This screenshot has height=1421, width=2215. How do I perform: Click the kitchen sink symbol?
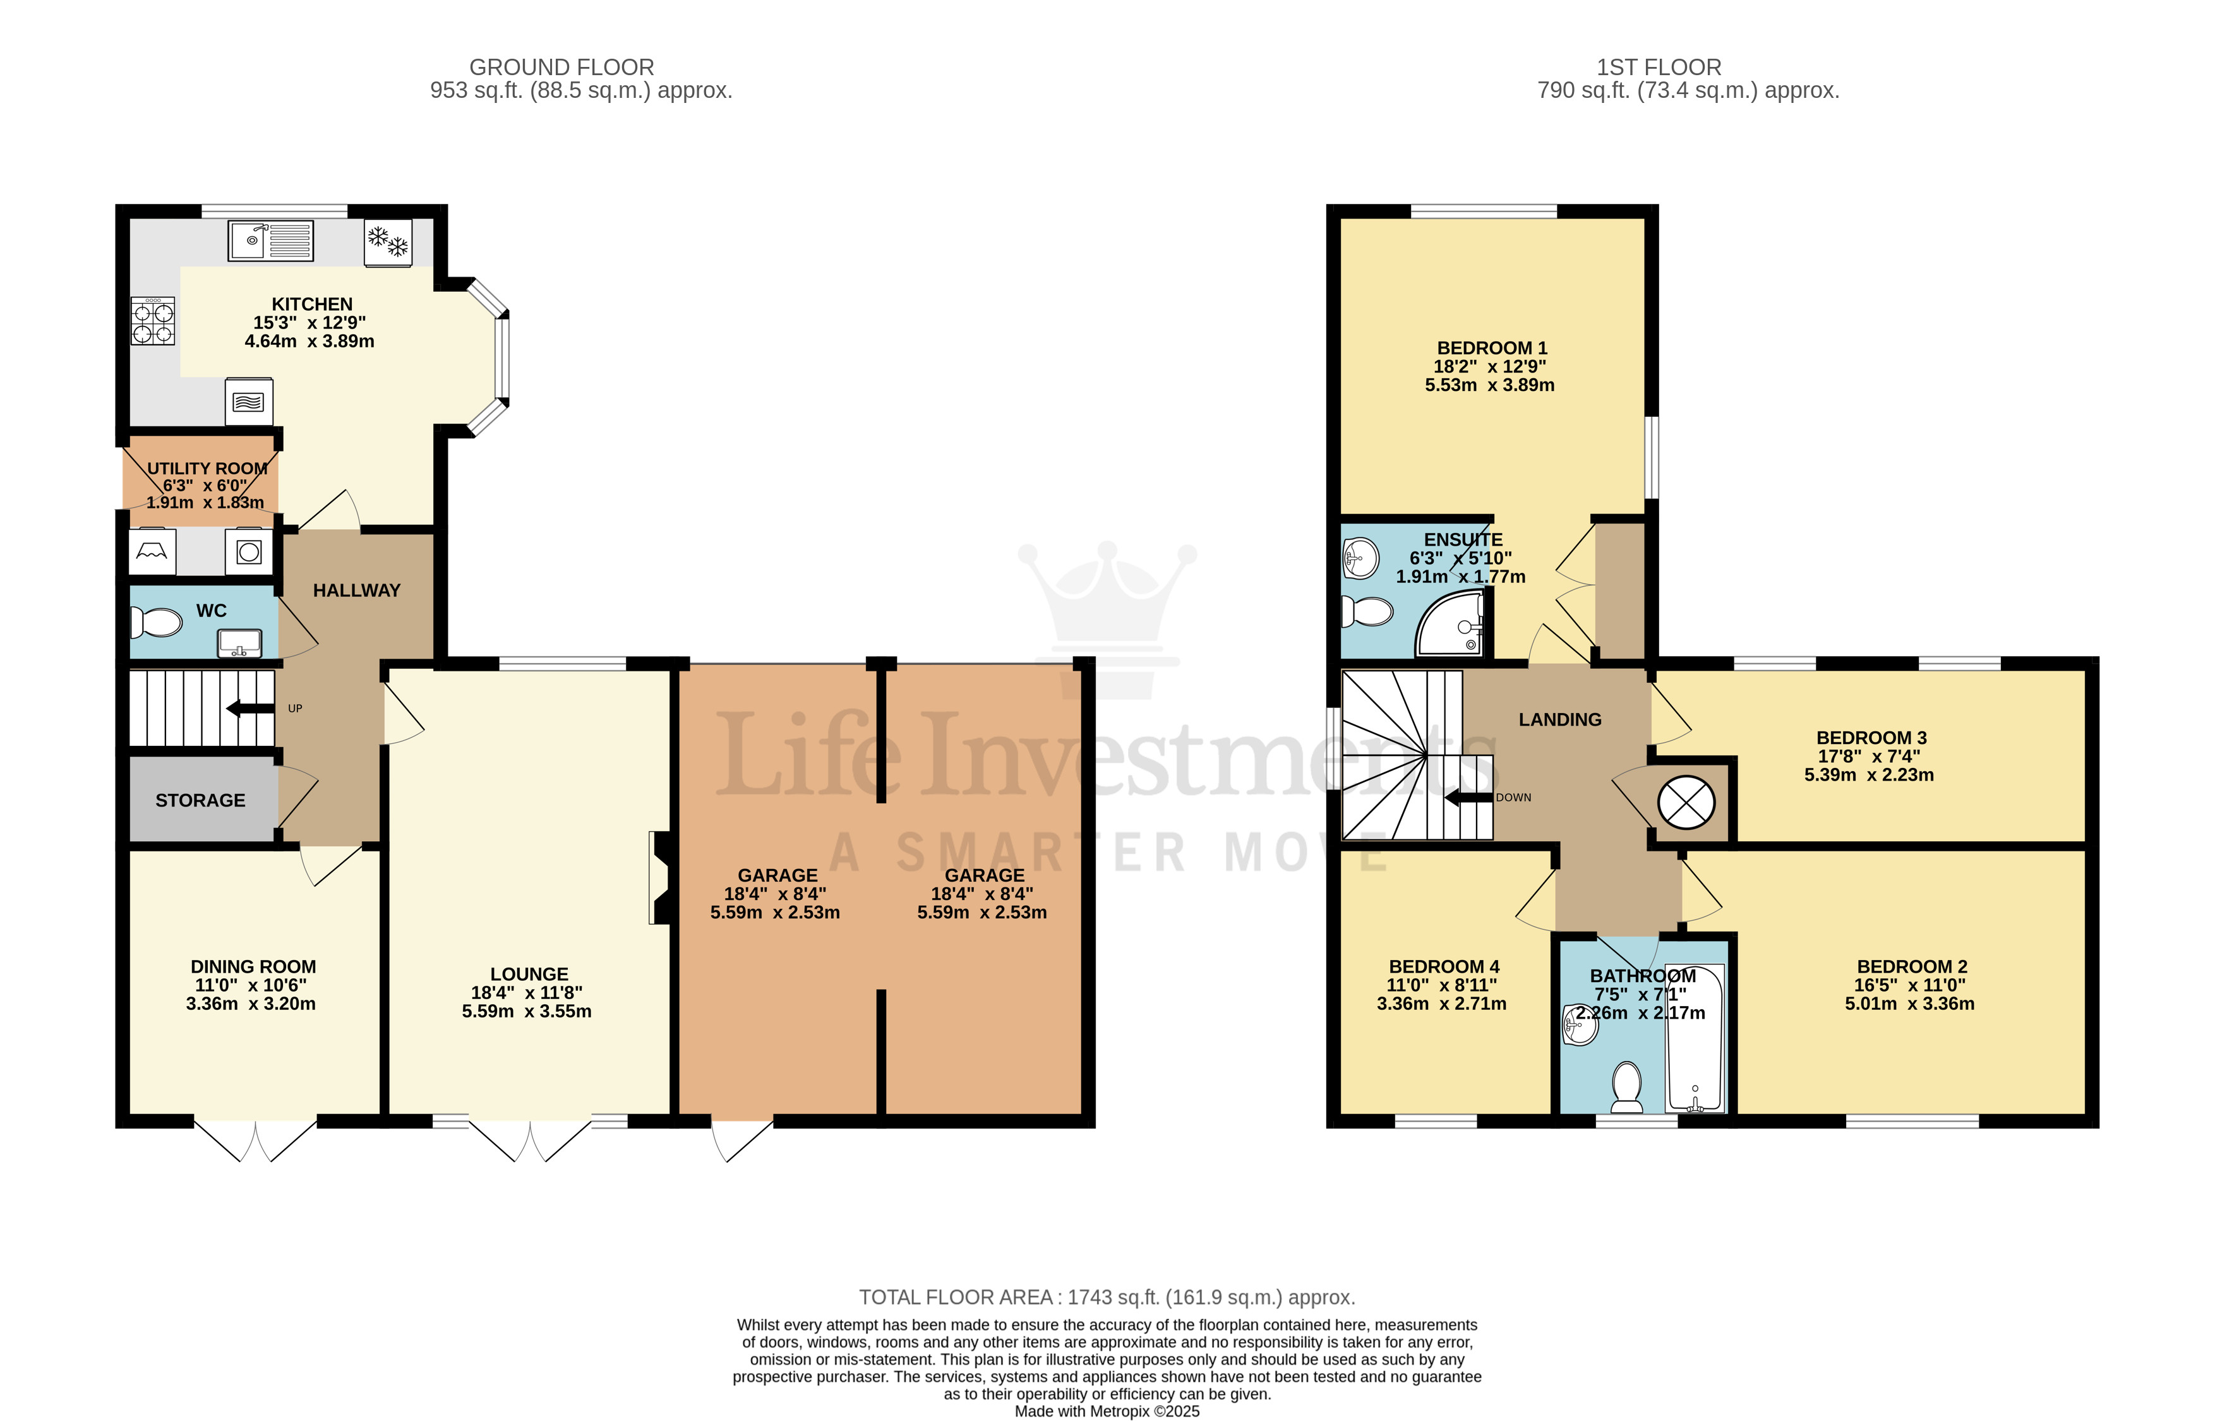(x=270, y=241)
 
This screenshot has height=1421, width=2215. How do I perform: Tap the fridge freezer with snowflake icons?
(x=387, y=243)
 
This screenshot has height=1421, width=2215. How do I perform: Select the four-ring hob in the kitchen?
(x=152, y=321)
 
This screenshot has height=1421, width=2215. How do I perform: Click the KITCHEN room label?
(x=312, y=304)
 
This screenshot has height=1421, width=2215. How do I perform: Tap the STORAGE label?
(x=200, y=800)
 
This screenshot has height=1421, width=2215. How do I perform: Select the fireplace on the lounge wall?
(x=661, y=877)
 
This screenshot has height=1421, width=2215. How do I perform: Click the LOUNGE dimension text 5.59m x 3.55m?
(x=527, y=1011)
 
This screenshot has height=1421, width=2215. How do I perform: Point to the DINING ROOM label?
(x=253, y=966)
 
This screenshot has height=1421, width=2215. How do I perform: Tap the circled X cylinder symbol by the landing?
(x=1686, y=802)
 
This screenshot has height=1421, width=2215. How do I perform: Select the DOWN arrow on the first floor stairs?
(x=1468, y=797)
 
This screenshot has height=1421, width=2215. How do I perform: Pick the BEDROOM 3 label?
(x=1871, y=737)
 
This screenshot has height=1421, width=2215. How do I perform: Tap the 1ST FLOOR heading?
(x=1658, y=68)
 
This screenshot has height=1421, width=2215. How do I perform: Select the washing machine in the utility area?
(x=249, y=552)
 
